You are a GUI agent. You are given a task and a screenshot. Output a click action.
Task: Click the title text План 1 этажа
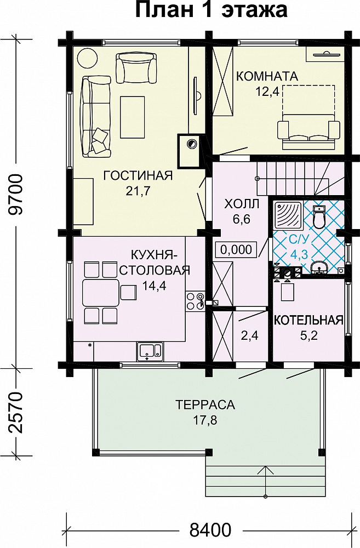[211, 10]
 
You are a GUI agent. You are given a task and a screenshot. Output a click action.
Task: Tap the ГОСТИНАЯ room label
[138, 175]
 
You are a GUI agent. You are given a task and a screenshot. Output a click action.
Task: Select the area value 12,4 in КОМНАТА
[267, 92]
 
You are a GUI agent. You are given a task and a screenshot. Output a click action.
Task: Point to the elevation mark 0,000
[236, 249]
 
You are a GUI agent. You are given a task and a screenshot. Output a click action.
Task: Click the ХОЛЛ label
[242, 204]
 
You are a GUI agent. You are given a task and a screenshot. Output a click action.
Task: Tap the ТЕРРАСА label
[205, 405]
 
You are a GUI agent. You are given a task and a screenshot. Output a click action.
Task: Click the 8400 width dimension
[210, 530]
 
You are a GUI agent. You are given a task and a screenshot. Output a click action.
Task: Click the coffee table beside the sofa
[133, 117]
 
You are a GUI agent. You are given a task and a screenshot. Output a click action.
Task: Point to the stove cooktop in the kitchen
[195, 301]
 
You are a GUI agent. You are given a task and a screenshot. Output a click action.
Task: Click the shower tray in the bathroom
[288, 215]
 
